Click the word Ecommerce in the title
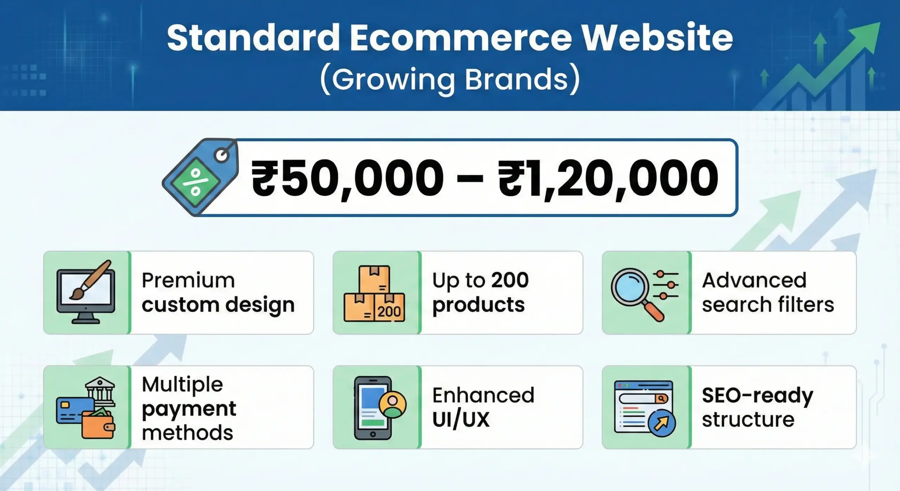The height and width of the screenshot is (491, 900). (x=461, y=38)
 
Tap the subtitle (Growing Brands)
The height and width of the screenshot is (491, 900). (x=450, y=80)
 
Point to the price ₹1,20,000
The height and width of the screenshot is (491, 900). (x=608, y=178)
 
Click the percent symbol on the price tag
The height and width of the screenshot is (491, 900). (x=195, y=182)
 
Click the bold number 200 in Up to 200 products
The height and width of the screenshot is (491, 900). (x=510, y=280)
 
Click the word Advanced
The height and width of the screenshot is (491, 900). (x=754, y=280)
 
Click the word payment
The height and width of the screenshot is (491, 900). (x=189, y=409)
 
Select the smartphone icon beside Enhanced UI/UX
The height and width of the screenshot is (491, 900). (x=373, y=408)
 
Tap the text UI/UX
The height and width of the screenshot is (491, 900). (x=461, y=420)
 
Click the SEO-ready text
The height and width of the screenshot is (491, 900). (x=758, y=396)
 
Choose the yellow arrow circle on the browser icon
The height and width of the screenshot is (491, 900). (x=661, y=423)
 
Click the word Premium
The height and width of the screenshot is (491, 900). (x=188, y=280)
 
